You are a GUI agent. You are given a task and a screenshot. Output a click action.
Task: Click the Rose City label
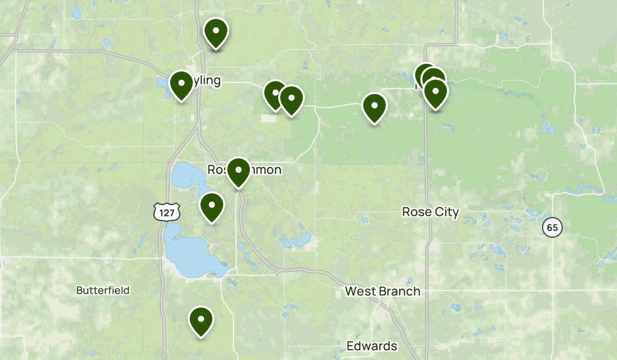[x=430, y=212]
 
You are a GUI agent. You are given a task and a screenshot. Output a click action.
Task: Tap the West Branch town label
[x=382, y=292]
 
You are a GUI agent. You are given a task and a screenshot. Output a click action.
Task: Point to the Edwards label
[x=372, y=346]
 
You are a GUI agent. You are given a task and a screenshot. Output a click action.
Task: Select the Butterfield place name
[x=103, y=291]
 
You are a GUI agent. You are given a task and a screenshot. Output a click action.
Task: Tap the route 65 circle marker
[x=552, y=227]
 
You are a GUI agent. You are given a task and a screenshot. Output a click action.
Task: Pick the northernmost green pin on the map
[x=216, y=32]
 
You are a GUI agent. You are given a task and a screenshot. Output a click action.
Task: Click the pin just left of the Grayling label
[x=181, y=85]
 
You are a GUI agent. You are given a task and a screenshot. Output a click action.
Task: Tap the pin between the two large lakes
[x=211, y=206]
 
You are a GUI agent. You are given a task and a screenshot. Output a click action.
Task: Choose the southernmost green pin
[x=201, y=320]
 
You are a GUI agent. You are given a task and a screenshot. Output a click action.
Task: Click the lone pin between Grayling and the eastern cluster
[x=374, y=107]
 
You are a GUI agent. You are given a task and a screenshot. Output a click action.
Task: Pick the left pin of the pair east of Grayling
[x=275, y=94]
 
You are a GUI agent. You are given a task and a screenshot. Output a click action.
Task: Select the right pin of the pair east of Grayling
[x=291, y=99]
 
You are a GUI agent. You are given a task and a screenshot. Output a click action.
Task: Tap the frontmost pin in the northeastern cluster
[x=435, y=93]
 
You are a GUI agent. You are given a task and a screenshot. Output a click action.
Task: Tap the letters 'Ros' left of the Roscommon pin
[x=217, y=170]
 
